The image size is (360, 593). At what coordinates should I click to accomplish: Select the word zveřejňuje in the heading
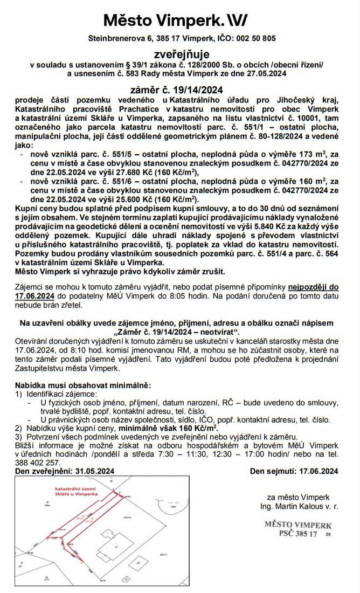click(180, 54)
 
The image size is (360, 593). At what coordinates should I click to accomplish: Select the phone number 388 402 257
click(37, 463)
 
